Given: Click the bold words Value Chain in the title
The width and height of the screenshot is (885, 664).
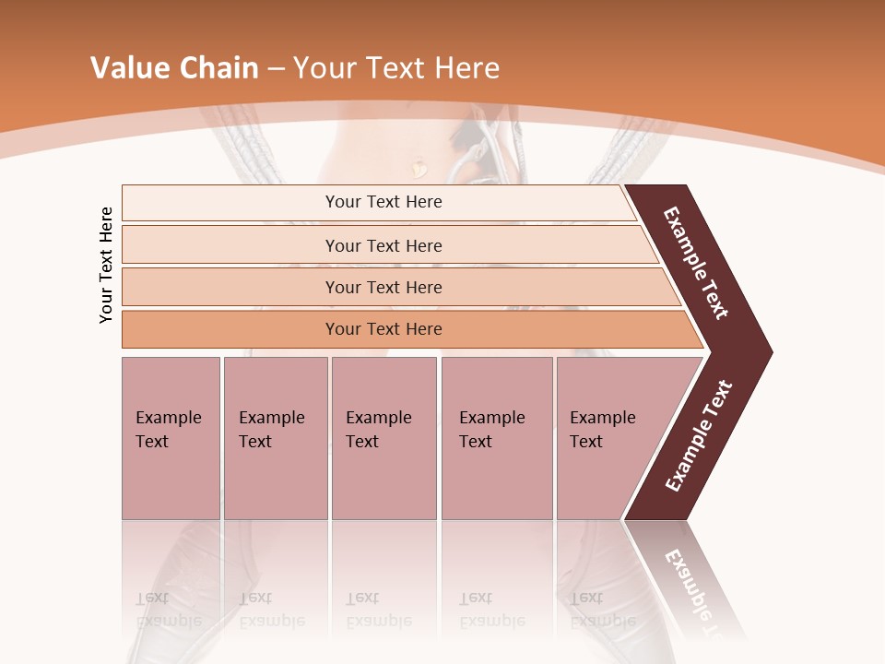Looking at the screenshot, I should [x=174, y=68].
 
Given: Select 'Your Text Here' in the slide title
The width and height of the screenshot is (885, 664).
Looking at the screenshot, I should [x=396, y=68].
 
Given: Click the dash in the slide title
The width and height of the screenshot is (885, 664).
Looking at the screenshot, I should [x=276, y=69].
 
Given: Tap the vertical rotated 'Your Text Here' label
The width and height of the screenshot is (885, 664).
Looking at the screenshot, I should [x=106, y=265].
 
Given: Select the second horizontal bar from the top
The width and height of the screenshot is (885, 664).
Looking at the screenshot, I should [x=383, y=245].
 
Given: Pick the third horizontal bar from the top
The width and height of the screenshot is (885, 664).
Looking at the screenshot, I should [x=383, y=287].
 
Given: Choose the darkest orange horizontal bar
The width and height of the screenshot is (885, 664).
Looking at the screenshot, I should [x=383, y=329].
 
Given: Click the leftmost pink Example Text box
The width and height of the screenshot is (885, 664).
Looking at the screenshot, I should [x=171, y=437].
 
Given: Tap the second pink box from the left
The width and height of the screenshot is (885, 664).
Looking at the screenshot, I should [x=275, y=437].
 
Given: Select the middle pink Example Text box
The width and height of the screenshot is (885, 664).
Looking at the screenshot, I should [x=383, y=437].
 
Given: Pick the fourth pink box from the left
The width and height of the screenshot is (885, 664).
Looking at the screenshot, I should [x=496, y=437].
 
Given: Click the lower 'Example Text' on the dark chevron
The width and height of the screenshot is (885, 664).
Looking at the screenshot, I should [x=699, y=436].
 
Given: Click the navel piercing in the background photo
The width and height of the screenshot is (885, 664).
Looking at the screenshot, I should [x=419, y=168].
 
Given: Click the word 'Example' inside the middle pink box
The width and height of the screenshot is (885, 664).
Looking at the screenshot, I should [x=378, y=418].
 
